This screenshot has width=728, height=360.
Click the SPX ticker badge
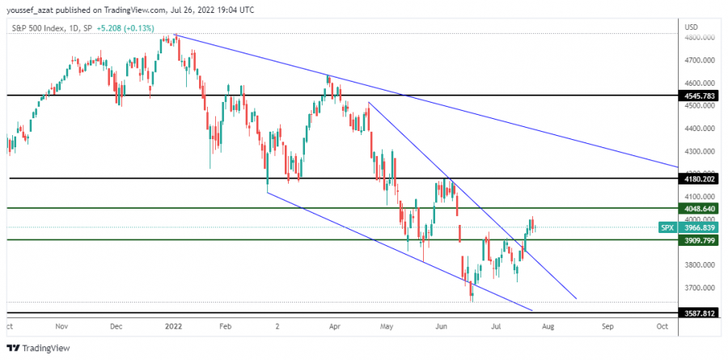pyautogui.click(x=667, y=227)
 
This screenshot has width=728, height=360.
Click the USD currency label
pyautogui.click(x=691, y=27)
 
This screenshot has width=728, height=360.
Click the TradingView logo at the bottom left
pyautogui.click(x=40, y=348)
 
